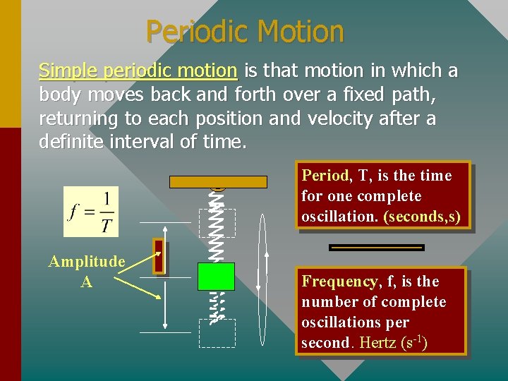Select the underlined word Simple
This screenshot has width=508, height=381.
68,71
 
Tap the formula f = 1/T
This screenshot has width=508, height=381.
91,212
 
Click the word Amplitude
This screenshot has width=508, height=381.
87,262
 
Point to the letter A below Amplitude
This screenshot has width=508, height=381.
86,282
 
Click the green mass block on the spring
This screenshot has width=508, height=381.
216,276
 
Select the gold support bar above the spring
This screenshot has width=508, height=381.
218,181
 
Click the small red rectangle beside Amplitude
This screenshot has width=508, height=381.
159,256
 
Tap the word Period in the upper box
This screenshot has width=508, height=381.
325,176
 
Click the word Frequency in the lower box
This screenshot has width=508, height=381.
339,282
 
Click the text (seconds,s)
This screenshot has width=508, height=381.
422,217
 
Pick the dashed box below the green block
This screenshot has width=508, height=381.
217,333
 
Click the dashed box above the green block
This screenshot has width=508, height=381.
217,222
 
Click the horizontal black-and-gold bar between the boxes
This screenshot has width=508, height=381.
377,248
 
